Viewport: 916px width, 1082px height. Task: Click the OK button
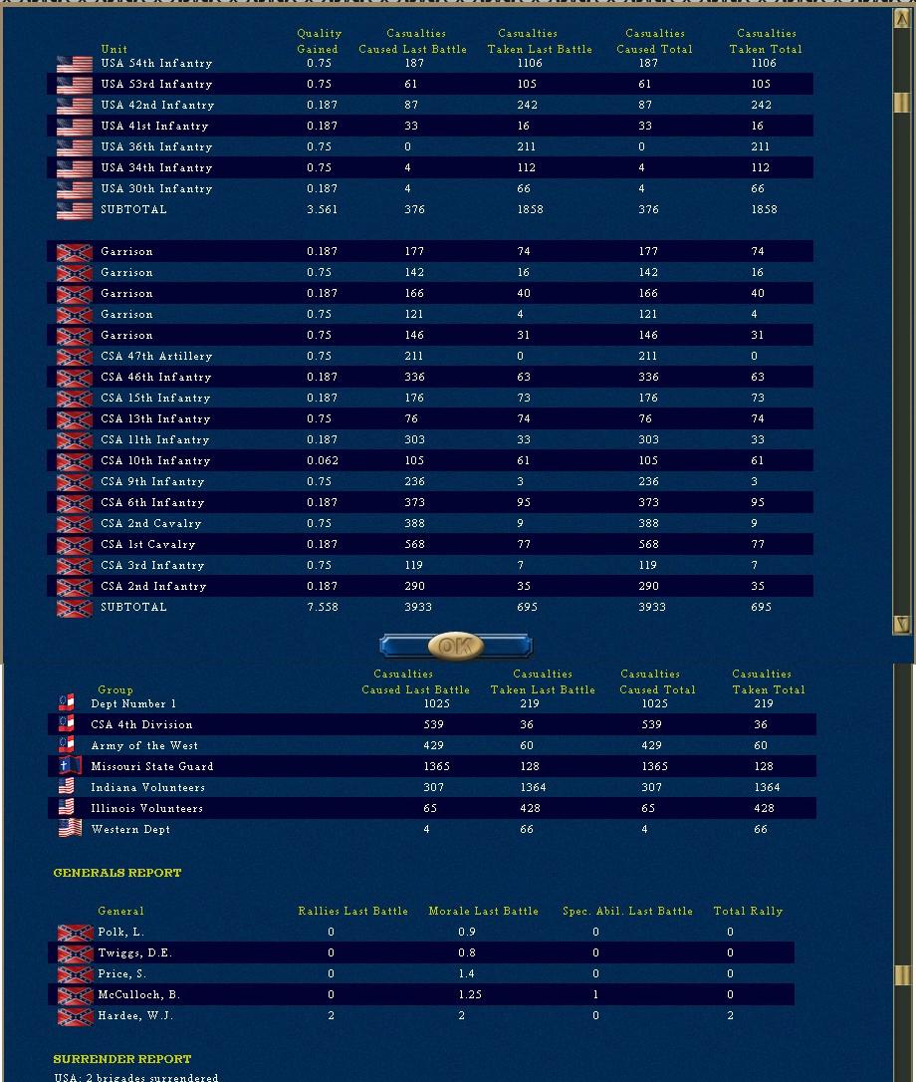click(456, 646)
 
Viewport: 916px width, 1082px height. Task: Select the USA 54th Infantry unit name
click(156, 64)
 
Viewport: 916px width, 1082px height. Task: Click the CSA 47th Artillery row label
click(156, 357)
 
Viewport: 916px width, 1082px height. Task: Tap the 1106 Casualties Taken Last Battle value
click(527, 64)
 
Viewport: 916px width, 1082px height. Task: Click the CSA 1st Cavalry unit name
click(148, 545)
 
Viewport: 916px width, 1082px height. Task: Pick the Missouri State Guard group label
click(151, 767)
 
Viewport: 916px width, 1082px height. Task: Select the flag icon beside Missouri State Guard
click(66, 767)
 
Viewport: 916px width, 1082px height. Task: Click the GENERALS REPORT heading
click(117, 873)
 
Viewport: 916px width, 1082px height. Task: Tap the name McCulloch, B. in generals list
click(139, 995)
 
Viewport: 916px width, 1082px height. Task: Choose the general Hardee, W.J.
click(135, 1016)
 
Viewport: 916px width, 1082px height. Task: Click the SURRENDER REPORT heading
click(122, 1059)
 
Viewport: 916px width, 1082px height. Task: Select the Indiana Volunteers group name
click(147, 788)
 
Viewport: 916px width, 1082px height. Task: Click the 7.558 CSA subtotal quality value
click(323, 608)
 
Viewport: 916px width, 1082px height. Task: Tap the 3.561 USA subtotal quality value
click(323, 210)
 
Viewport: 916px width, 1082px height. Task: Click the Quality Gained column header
click(319, 41)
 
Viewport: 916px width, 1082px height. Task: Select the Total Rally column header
click(748, 912)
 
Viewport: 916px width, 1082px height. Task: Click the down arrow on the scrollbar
click(902, 625)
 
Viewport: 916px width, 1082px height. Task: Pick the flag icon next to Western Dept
click(70, 830)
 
